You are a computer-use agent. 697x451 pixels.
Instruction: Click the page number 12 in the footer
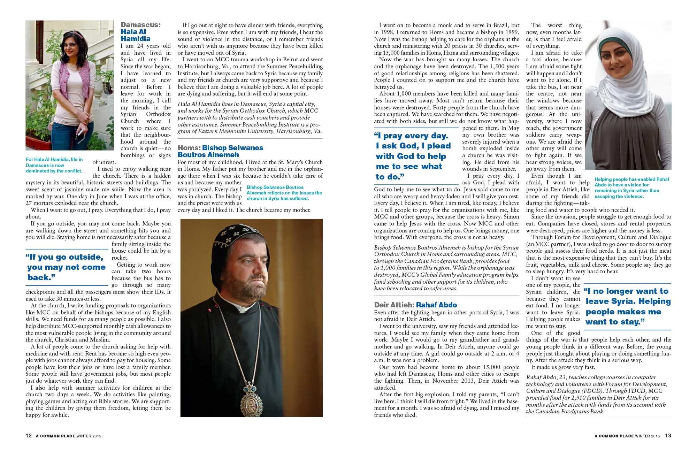click(29, 436)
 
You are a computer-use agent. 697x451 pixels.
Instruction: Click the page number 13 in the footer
click(668, 436)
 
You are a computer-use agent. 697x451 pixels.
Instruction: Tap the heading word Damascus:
click(140, 25)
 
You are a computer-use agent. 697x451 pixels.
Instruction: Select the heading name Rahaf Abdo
click(436, 305)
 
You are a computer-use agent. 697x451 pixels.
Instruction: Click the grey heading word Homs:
click(189, 148)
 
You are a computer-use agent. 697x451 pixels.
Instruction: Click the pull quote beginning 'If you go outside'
click(66, 267)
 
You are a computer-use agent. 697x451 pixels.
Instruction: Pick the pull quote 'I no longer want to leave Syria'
click(627, 306)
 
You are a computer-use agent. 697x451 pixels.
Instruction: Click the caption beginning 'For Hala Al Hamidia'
click(54, 165)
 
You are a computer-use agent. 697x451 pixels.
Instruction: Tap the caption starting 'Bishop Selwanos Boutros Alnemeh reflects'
click(284, 193)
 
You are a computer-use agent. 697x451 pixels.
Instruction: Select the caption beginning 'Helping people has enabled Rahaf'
click(631, 188)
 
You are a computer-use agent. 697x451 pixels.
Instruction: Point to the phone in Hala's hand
click(80, 133)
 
